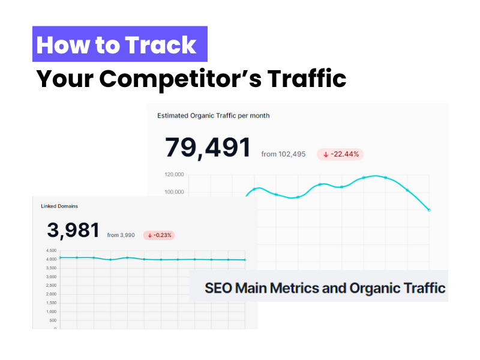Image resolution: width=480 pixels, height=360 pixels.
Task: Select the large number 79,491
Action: coord(208,148)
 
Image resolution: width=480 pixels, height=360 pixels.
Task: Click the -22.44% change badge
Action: coord(340,154)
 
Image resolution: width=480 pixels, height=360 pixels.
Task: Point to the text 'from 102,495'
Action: coord(283,154)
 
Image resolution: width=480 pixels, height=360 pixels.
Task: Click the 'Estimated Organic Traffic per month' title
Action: coord(213,115)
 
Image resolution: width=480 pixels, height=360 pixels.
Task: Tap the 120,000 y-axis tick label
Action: coord(173,175)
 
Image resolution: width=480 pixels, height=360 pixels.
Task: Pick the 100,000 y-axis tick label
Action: coord(173,192)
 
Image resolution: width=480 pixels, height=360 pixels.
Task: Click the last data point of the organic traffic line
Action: coord(429,210)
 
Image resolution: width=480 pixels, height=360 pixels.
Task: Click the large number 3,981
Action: coord(73,230)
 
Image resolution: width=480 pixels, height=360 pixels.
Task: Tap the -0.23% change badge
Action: coord(159,235)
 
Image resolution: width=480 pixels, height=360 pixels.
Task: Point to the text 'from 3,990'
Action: coord(121,235)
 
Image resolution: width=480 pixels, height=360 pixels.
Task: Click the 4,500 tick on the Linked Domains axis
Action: coord(50,250)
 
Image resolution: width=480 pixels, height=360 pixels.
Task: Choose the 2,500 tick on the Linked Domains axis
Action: coord(50,285)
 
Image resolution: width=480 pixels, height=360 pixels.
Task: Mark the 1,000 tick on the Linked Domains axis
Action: coord(50,311)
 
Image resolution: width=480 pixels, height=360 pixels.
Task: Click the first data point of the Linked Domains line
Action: coord(60,257)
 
